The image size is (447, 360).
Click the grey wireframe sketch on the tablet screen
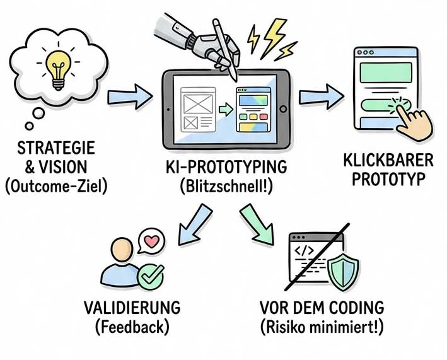(x=198, y=108)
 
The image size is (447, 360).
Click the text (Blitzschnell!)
(x=225, y=187)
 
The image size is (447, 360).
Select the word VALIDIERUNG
(x=132, y=308)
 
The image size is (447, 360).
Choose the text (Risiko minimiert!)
(x=322, y=328)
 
